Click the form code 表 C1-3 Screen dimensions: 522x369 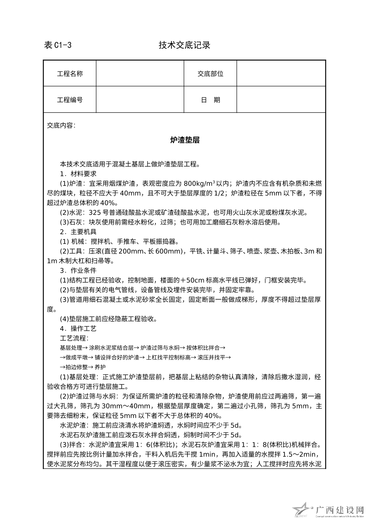point(58,45)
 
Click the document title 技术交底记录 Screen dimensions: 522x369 point(184,45)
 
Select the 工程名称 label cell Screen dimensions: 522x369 point(70,74)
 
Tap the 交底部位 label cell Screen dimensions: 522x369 point(211,74)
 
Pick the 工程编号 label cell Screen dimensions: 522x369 point(70,100)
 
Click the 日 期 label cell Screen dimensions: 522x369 point(211,100)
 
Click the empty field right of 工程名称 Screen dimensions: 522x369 point(140,74)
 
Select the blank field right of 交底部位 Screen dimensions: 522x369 point(281,74)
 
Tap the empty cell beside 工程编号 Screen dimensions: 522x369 point(140,100)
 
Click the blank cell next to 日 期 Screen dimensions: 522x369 point(281,100)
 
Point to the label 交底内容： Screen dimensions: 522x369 point(61,125)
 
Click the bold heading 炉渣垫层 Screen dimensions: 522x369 point(184,140)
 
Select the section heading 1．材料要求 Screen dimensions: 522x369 point(78,173)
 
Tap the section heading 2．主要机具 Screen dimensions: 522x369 point(78,232)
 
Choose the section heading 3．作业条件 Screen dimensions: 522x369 point(78,270)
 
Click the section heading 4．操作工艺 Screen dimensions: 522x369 point(78,329)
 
